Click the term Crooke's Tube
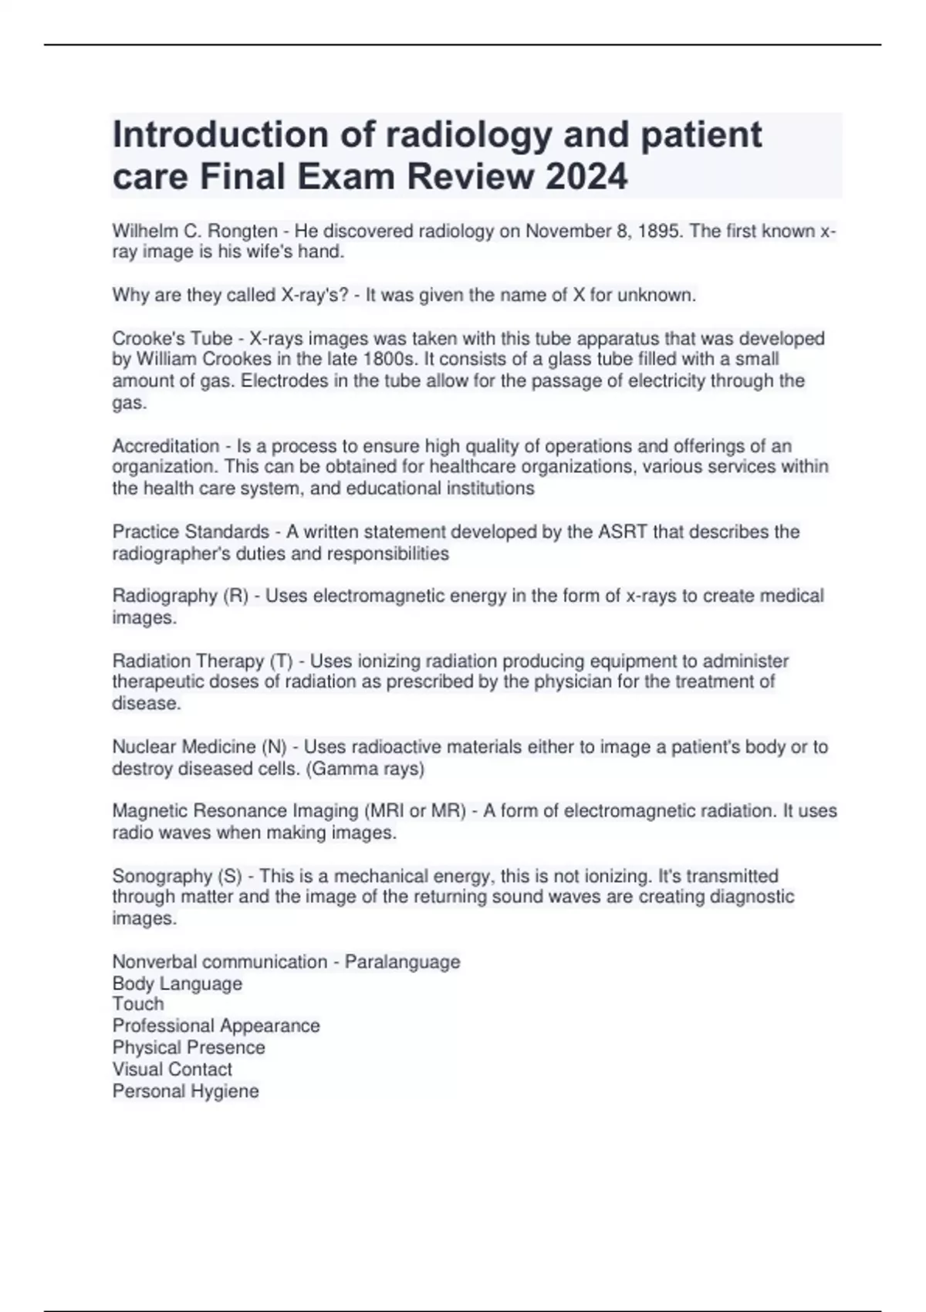coord(172,339)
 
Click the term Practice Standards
coord(191,532)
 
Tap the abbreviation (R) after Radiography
coord(235,596)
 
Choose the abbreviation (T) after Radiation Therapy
coord(281,661)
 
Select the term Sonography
coord(162,876)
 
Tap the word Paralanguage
coord(402,962)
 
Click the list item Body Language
coord(177,983)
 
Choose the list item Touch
coord(138,1004)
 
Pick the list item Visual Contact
coord(172,1069)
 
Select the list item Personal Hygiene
coord(185,1091)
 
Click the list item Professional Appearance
coord(216,1026)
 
